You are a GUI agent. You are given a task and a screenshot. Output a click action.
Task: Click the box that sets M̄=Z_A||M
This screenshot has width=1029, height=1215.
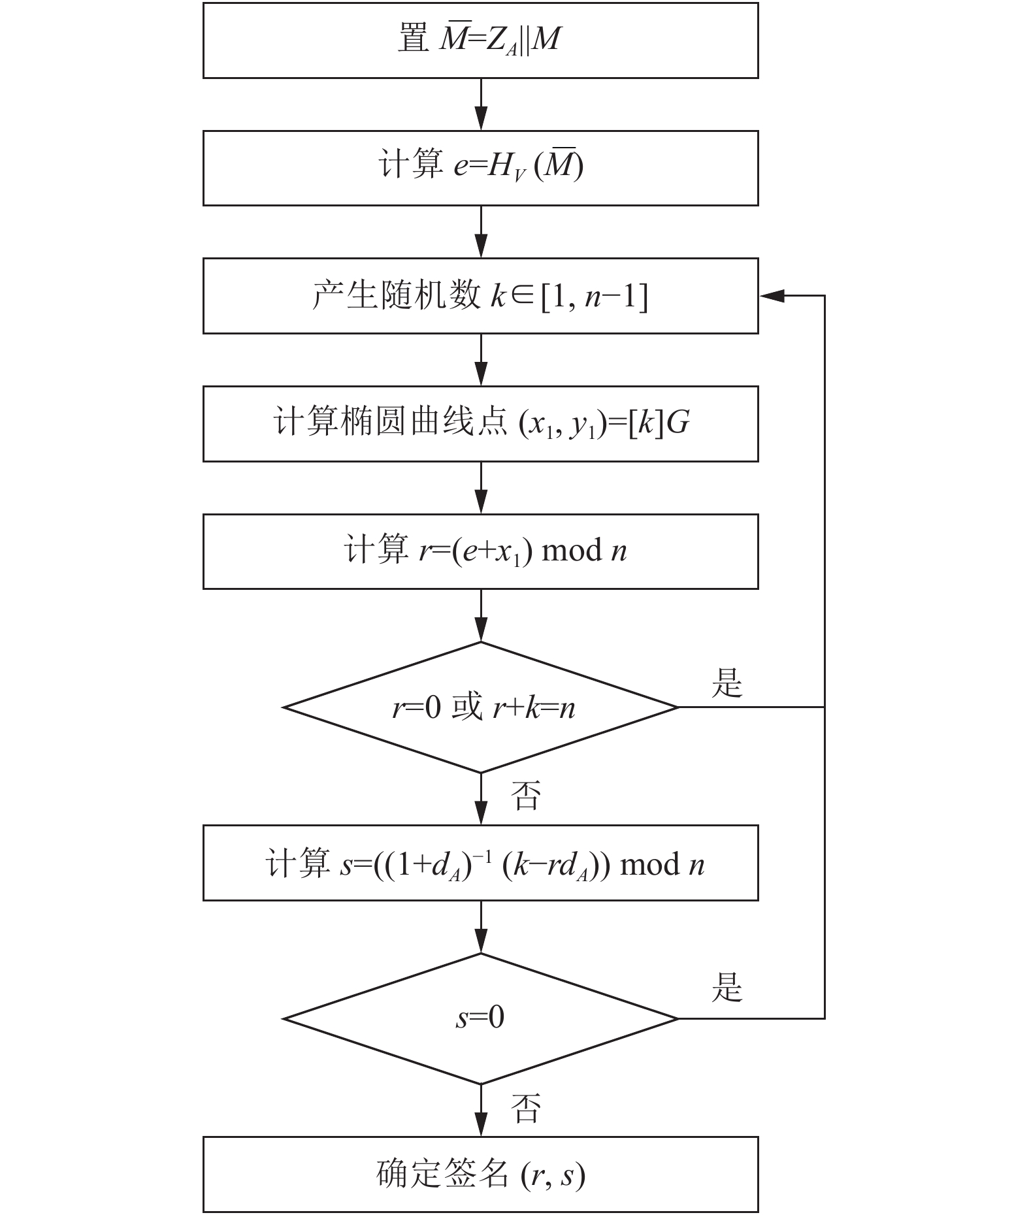(480, 40)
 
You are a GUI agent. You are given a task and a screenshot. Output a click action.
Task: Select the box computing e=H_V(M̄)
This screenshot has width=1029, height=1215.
(480, 168)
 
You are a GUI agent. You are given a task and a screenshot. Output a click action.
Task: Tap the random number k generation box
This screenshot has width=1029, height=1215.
(480, 296)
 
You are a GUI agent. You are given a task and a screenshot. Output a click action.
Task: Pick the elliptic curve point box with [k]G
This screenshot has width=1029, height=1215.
(480, 424)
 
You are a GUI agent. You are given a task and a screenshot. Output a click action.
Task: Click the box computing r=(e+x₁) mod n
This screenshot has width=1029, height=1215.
(480, 551)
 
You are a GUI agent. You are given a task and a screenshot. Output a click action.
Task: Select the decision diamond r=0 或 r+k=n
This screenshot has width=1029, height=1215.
(480, 707)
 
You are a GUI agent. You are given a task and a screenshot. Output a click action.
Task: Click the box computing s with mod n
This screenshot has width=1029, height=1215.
(480, 863)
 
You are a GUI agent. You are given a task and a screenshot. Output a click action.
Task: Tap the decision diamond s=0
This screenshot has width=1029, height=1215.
(480, 1018)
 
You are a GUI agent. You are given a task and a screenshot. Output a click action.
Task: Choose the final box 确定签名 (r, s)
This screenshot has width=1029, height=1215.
(480, 1174)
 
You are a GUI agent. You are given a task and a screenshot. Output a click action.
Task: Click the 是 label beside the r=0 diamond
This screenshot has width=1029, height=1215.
(727, 683)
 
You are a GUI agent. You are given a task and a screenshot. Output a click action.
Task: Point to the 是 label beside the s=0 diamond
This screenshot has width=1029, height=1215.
(727, 987)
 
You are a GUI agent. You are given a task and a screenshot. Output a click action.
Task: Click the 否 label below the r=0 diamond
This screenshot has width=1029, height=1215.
(526, 796)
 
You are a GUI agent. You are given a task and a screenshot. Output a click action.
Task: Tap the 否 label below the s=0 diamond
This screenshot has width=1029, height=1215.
(526, 1108)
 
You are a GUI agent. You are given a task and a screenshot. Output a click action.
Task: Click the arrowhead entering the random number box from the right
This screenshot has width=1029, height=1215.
(771, 296)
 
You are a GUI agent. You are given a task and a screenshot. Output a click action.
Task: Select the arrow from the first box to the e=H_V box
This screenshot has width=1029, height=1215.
(481, 105)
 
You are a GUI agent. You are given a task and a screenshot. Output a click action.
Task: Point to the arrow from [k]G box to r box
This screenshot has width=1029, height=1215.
(481, 488)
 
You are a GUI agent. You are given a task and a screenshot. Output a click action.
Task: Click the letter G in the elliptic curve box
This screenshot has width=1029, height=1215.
(679, 423)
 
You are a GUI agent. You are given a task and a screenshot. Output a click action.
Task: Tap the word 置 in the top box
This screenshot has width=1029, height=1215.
(414, 39)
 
